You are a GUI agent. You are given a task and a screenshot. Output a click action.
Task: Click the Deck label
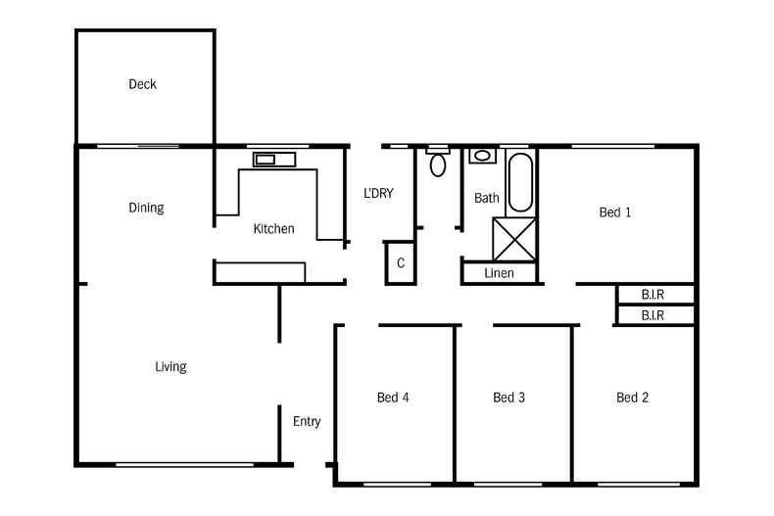pos(143,84)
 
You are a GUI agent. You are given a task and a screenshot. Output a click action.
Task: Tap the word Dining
pos(146,208)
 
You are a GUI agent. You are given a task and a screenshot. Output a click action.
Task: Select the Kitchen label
pos(274,229)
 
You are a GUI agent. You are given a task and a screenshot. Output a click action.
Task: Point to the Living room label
pos(170,367)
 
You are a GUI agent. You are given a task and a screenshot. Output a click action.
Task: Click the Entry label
pos(307,421)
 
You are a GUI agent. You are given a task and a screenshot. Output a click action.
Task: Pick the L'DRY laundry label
pos(378,193)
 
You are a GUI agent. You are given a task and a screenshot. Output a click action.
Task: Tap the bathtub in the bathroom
pos(520,182)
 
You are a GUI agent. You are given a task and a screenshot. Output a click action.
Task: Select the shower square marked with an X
pos(514,239)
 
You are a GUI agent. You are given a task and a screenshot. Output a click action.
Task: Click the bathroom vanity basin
pos(482,156)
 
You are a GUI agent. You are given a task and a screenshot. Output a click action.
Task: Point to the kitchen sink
pos(274,160)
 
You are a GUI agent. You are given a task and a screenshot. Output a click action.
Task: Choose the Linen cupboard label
pos(499,273)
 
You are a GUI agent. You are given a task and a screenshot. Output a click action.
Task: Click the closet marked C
pos(401,263)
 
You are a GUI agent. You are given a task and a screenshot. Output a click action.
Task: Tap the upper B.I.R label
pos(653,295)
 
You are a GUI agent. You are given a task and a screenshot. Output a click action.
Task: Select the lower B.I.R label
pos(653,315)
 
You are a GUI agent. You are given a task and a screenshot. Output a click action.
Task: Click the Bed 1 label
pos(615,212)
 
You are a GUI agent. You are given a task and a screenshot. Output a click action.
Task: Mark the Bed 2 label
pos(632,398)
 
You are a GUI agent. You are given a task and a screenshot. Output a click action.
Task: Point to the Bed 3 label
pos(508,398)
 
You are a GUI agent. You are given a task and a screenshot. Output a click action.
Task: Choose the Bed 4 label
pos(393,398)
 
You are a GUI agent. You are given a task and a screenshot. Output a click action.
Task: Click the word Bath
pos(487,199)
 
